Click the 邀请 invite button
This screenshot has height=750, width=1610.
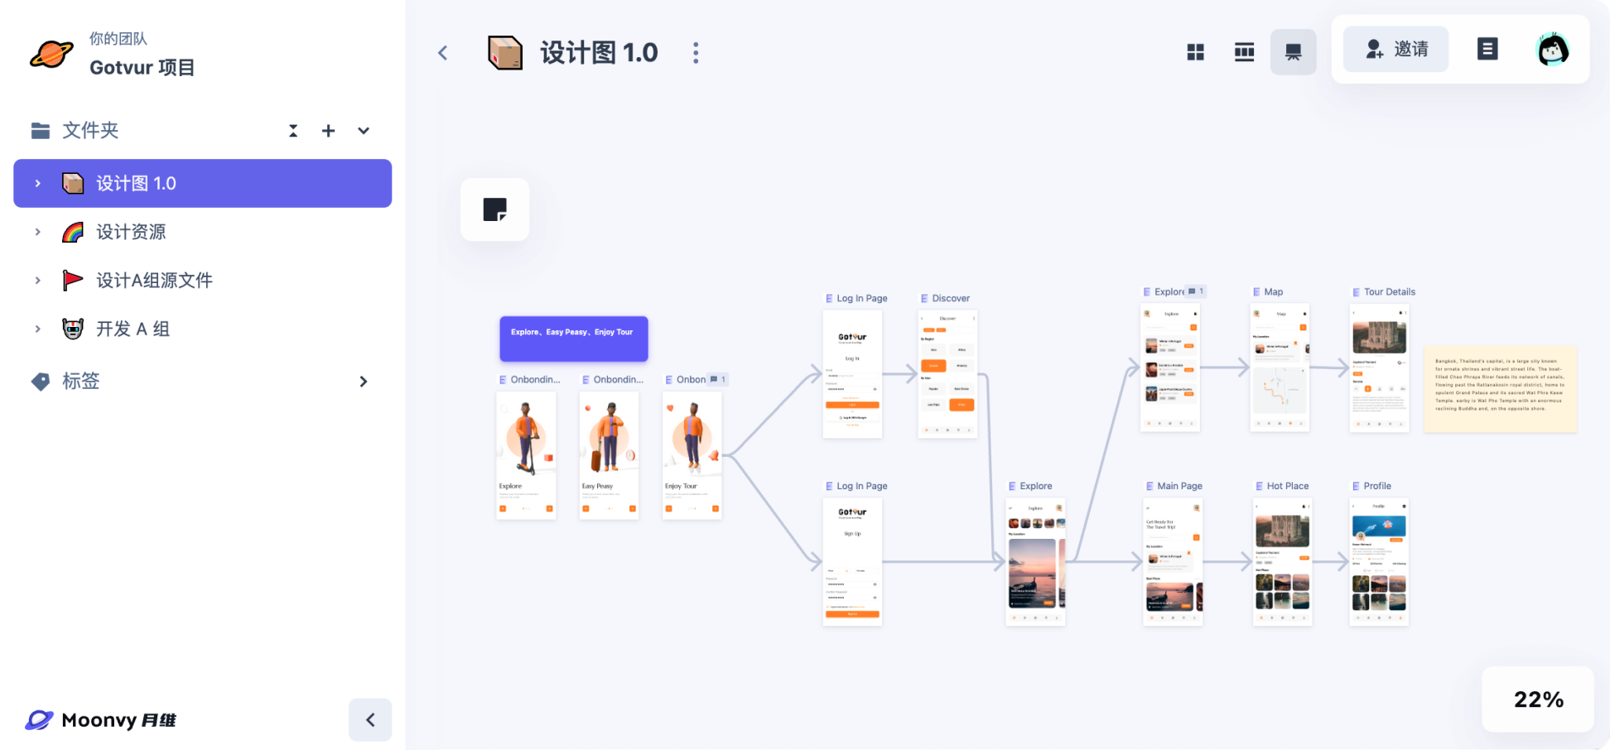click(x=1395, y=50)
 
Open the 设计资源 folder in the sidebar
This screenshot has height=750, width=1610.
click(x=131, y=232)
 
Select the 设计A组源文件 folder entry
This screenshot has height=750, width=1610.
click(x=154, y=281)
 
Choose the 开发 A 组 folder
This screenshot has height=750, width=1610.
click(x=133, y=329)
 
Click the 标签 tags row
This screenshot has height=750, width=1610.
click(x=81, y=381)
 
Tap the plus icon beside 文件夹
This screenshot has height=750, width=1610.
click(x=329, y=131)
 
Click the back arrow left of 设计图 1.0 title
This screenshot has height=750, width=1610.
click(x=443, y=53)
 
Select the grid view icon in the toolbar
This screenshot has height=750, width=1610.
click(x=1195, y=52)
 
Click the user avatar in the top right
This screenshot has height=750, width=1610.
click(x=1553, y=50)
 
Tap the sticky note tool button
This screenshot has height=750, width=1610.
click(x=494, y=209)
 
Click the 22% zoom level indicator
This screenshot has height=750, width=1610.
click(x=1538, y=700)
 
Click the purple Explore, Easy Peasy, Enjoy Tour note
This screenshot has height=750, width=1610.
click(x=573, y=339)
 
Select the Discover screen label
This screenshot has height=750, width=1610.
click(x=950, y=298)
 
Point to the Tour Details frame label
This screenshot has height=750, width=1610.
click(x=1389, y=292)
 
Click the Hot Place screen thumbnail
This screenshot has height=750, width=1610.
click(x=1282, y=561)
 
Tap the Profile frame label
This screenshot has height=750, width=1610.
click(x=1376, y=486)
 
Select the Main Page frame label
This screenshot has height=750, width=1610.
click(x=1179, y=486)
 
